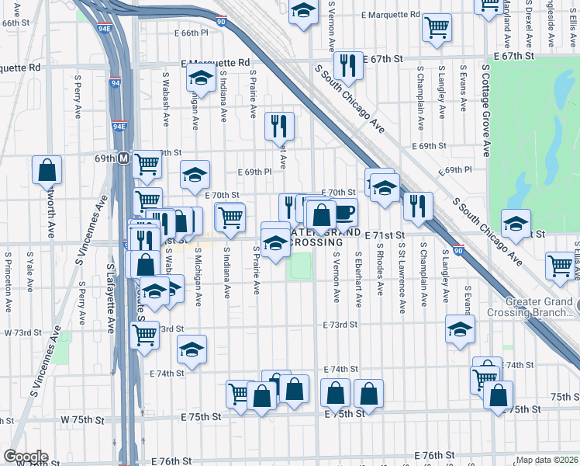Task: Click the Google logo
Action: coord(26,457)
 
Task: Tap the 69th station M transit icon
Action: coord(123,158)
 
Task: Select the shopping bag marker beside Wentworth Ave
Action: coord(47,170)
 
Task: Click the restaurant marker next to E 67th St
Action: coord(348,67)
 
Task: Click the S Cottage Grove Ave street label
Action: coord(487,109)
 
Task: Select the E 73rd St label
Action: coord(340,325)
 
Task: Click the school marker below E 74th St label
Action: coord(192,349)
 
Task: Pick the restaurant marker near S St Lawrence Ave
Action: coord(418,206)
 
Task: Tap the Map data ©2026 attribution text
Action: coord(547,460)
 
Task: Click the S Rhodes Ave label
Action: coord(380,273)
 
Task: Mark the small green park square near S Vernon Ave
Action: coord(299,267)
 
